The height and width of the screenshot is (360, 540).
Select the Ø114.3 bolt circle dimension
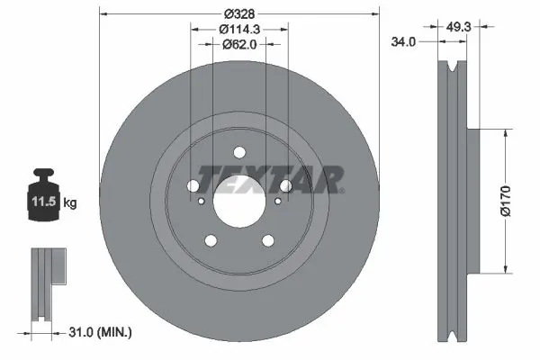239,28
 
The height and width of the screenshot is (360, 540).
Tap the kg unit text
70,203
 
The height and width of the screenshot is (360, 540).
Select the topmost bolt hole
239,152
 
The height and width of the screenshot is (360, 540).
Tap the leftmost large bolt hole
194,185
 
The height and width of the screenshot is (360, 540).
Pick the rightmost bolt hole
284,185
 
